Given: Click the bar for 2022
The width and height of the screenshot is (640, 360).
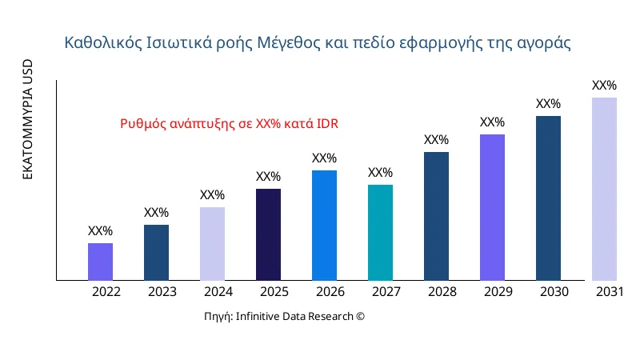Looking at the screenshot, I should point(100,262).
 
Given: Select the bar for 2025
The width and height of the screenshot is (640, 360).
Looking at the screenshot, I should point(268,234).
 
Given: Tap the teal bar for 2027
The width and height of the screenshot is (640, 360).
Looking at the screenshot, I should point(380,233).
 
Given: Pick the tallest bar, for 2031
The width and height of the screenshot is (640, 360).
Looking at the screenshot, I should point(604,189).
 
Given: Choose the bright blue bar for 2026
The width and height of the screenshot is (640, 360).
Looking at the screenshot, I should point(324,226).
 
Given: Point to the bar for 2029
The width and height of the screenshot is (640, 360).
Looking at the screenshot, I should point(492,207).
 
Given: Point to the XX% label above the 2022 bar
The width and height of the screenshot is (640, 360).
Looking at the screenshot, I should point(100,231).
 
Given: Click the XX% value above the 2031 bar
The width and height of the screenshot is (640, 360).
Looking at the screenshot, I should point(604,86).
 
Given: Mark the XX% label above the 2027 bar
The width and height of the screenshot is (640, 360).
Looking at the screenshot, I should point(380,173).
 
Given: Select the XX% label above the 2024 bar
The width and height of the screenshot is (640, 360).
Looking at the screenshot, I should point(212,195).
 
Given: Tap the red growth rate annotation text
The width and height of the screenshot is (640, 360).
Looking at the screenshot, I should point(230,124).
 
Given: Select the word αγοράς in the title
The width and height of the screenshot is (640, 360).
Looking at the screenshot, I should point(546,42).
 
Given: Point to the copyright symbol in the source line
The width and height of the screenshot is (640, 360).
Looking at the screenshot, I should point(360,316).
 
